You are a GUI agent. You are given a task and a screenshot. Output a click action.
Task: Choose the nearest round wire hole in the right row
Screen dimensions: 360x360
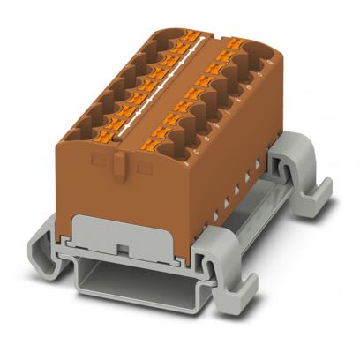[x=184, y=141]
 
